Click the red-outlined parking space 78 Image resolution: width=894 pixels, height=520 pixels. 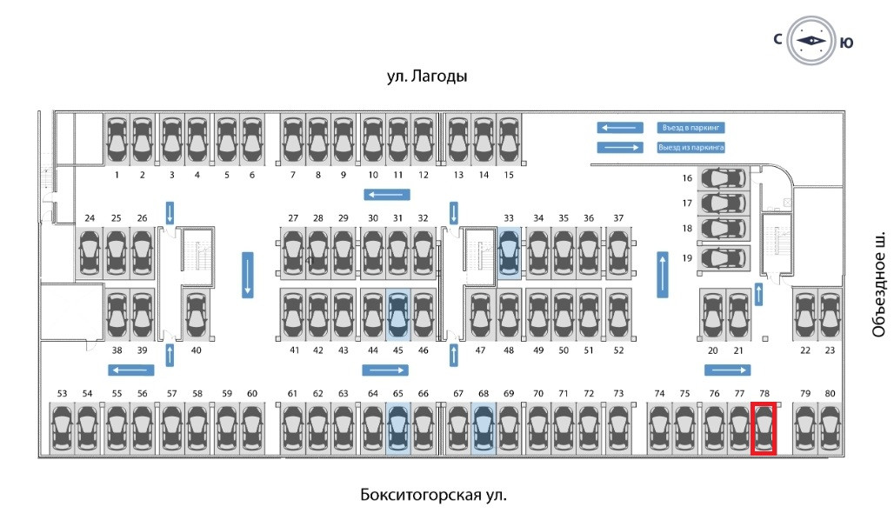click(x=764, y=428)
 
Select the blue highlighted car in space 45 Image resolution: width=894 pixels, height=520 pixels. click(x=397, y=314)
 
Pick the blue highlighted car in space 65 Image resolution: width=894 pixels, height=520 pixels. click(x=397, y=428)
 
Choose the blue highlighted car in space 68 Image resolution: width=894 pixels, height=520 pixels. click(x=484, y=428)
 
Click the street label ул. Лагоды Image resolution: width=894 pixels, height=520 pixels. click(x=427, y=77)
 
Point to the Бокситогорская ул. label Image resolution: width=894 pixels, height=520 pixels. click(x=432, y=496)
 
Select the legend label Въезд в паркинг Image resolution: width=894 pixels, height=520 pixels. click(x=691, y=128)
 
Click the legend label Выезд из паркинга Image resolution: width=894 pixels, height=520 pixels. click(x=691, y=148)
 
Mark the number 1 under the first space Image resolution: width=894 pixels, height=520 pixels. click(x=117, y=175)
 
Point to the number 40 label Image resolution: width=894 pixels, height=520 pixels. click(x=196, y=350)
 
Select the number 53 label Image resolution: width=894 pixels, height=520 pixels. click(x=62, y=394)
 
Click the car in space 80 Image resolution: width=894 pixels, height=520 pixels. click(x=830, y=428)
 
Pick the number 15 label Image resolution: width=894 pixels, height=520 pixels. click(x=509, y=175)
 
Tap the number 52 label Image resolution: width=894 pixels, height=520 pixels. click(x=618, y=350)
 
